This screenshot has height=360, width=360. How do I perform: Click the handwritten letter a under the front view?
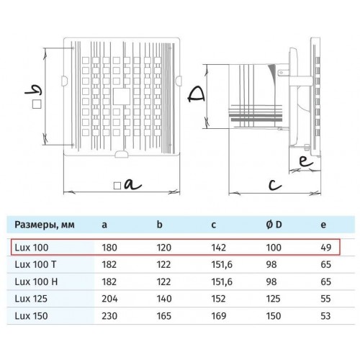point(132,185)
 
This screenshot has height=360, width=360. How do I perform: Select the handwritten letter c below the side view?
point(275,184)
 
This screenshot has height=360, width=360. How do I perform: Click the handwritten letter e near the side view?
point(306,161)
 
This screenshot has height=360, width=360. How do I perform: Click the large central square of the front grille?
point(122,96)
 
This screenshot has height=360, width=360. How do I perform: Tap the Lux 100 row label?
point(32,248)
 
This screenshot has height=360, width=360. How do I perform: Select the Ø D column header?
point(274,225)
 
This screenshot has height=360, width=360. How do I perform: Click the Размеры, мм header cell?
point(45,225)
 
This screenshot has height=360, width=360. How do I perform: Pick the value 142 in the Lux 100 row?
point(219,248)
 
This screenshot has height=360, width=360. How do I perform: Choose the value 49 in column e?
point(326,248)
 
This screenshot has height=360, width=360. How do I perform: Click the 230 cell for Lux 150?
point(109,316)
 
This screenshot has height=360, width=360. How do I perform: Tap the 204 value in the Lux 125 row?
point(109,299)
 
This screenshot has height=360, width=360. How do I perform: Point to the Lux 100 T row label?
point(35,264)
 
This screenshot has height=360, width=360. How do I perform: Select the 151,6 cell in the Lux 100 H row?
point(222,282)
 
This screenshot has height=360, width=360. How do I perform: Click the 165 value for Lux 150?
point(164,316)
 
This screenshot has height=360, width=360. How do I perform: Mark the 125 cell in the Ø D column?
point(273,299)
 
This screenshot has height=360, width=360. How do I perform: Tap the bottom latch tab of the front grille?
point(122,154)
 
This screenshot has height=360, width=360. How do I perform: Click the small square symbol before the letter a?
point(117,186)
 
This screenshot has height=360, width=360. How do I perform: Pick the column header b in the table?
point(160,225)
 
